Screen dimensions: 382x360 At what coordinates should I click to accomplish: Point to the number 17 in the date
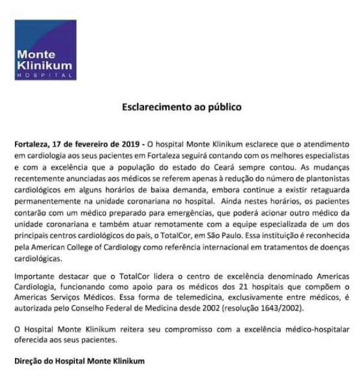[x=57, y=144]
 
